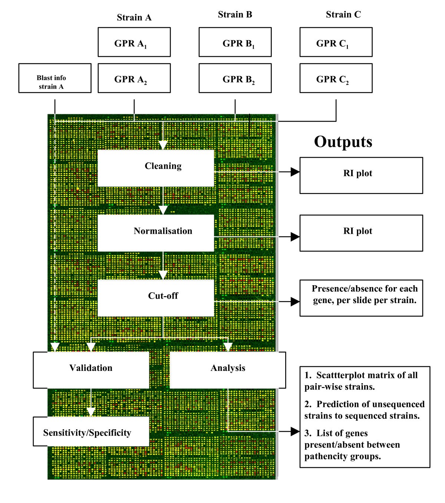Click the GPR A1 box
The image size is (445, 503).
[134, 42]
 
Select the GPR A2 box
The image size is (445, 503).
[134, 78]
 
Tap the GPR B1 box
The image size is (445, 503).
[235, 42]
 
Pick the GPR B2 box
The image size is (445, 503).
[235, 78]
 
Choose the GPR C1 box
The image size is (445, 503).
[336, 42]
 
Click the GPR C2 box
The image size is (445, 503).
[336, 78]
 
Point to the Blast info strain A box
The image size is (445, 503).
[55, 78]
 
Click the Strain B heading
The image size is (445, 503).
[235, 14]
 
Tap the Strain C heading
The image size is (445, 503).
[343, 14]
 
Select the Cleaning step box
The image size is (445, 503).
[156, 168]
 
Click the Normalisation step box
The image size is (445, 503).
[156, 233]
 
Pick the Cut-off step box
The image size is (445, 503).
[156, 298]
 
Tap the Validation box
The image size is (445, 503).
[91, 370]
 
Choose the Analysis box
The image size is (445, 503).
[228, 370]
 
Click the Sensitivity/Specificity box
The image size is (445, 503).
[91, 431]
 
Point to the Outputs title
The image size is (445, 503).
[343, 142]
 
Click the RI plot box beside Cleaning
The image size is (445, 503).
[361, 175]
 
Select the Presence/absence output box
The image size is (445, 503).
[361, 298]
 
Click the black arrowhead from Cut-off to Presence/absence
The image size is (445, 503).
[295, 302]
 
